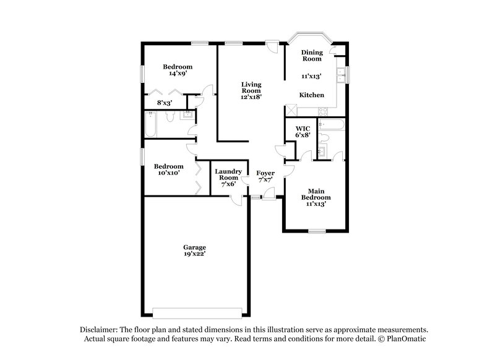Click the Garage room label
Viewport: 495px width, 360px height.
(x=195, y=247)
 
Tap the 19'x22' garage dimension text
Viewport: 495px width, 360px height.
(x=195, y=254)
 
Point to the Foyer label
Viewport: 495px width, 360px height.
(x=265, y=173)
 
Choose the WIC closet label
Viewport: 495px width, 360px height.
(x=302, y=129)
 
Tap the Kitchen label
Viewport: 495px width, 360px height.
(x=311, y=95)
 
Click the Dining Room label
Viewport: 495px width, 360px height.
(x=311, y=56)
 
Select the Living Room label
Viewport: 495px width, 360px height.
(x=251, y=87)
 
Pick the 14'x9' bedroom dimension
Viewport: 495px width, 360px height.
(x=178, y=74)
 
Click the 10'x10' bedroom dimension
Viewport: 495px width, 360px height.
(x=168, y=173)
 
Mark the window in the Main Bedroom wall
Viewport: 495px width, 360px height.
(x=317, y=231)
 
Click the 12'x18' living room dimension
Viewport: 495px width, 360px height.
(x=251, y=97)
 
